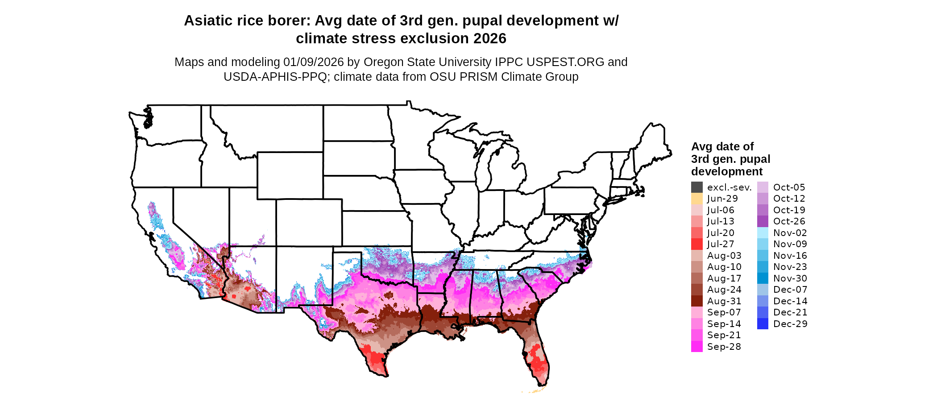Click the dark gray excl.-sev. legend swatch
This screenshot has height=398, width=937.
tap(697, 187)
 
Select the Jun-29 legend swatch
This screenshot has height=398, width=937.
tap(697, 199)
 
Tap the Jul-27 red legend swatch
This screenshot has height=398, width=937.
tap(697, 244)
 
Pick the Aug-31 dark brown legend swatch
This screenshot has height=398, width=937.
tap(697, 301)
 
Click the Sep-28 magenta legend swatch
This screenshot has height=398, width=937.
tap(697, 347)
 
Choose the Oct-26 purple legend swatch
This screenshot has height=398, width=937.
tap(763, 221)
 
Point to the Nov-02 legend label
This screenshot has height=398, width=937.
tap(790, 233)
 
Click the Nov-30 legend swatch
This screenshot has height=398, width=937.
tap(763, 278)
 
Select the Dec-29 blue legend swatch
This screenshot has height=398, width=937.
tap(763, 324)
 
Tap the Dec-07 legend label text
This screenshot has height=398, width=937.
tap(790, 290)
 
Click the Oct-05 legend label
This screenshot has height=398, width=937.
tap(789, 187)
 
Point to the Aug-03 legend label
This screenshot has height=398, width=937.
tap(724, 256)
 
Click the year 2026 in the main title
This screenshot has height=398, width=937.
tap(490, 38)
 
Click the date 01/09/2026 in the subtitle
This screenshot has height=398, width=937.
tap(314, 62)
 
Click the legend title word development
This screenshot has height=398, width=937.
tap(727, 171)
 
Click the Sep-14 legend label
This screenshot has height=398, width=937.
tap(724, 324)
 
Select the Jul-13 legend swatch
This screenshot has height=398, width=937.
tap(697, 221)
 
